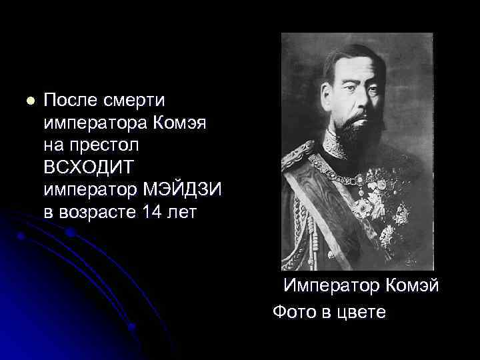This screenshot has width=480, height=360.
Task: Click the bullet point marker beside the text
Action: click(x=29, y=102)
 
